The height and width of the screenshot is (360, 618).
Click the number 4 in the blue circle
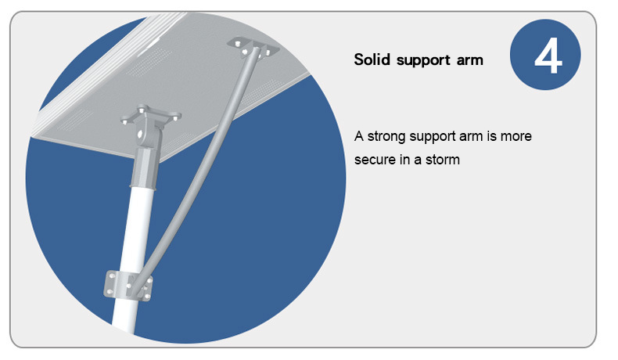click(x=548, y=56)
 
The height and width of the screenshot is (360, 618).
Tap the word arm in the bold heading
click(x=470, y=60)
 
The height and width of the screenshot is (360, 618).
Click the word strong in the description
click(x=386, y=136)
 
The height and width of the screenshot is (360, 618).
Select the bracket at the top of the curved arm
click(x=253, y=47)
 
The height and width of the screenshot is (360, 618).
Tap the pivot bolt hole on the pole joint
click(x=140, y=135)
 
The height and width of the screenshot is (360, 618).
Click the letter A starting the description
click(x=358, y=136)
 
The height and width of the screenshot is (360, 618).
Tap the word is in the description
click(x=491, y=136)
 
